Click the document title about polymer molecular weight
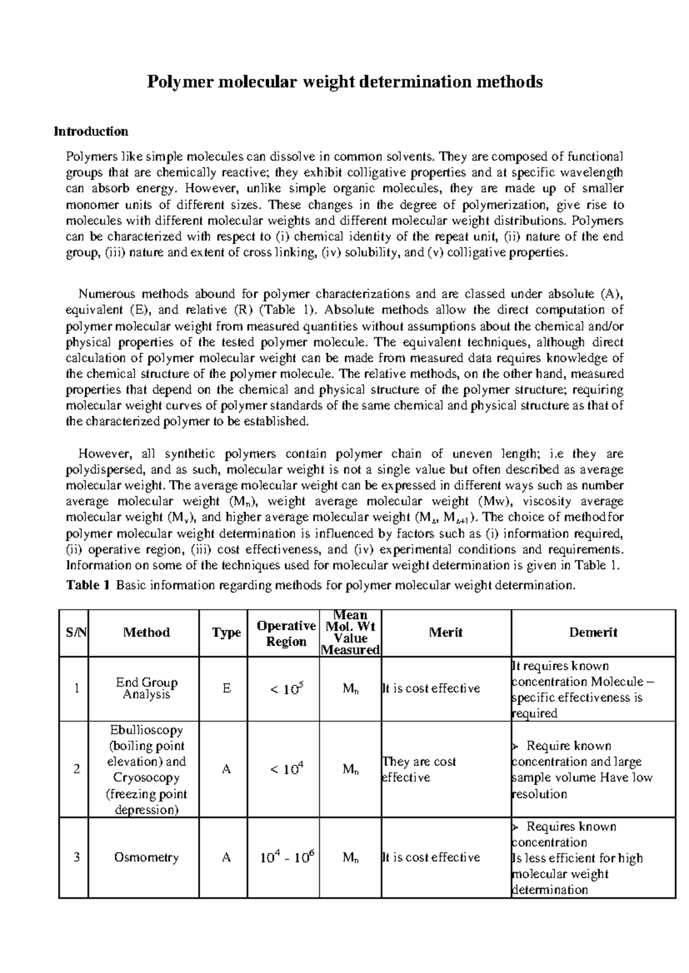[x=344, y=82]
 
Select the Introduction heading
[x=91, y=131]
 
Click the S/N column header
[x=73, y=633]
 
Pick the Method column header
[x=146, y=633]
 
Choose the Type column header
[x=226, y=633]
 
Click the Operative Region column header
[x=286, y=633]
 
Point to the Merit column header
[x=446, y=632]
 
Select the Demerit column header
[x=593, y=632]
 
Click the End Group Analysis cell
[x=146, y=688]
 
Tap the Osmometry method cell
[x=146, y=858]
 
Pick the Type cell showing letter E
[x=226, y=688]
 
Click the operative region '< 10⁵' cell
[x=286, y=688]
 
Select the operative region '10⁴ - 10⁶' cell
[x=286, y=858]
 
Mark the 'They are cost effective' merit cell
[x=419, y=769]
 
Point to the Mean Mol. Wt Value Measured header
[x=350, y=633]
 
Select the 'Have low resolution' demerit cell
[x=581, y=770]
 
